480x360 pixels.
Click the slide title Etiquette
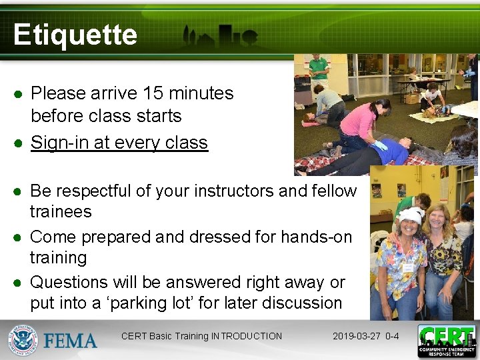pyautogui.click(x=75, y=35)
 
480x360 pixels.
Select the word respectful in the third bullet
pyautogui.click(x=93, y=191)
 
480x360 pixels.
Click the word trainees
pyautogui.click(x=61, y=212)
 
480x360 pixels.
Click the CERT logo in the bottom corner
pyautogui.click(x=446, y=341)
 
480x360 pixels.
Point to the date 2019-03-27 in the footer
pyautogui.click(x=357, y=336)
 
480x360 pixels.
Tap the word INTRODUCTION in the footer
pyautogui.click(x=246, y=336)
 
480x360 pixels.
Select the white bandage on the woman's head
pyautogui.click(x=410, y=215)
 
